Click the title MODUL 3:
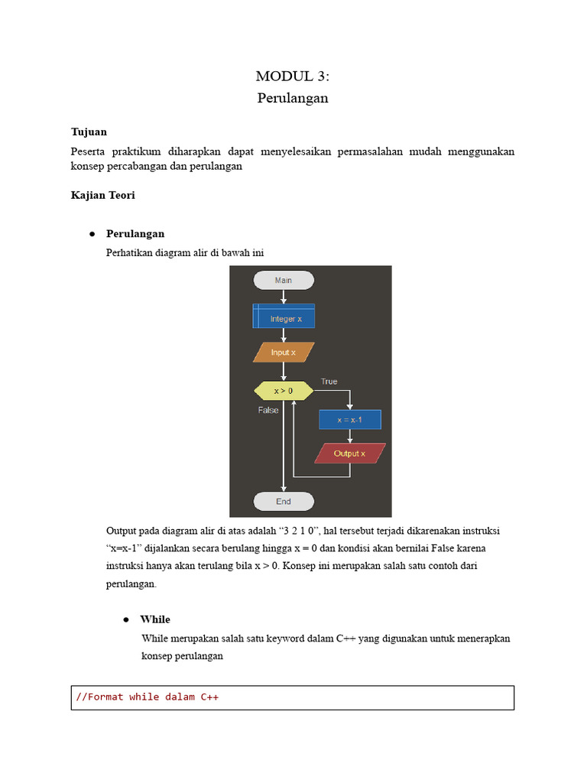293,76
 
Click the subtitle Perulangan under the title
293,98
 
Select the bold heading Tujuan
89,132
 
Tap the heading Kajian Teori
102,195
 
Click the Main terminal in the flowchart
284,280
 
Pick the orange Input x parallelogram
284,353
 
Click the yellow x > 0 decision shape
284,391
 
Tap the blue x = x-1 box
349,420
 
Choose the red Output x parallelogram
349,453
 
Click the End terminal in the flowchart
284,502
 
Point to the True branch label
329,382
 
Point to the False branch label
268,410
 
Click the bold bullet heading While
155,619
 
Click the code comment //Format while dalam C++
148,697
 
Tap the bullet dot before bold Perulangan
92,234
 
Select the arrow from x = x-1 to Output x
349,437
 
